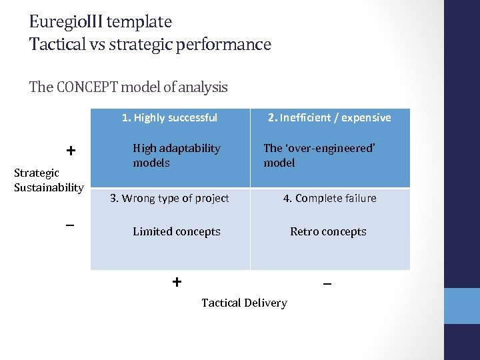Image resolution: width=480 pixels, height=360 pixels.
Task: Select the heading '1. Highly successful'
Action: [169, 118]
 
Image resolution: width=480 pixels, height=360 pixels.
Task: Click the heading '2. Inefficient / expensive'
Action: [329, 118]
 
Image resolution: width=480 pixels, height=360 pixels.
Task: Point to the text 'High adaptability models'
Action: [176, 155]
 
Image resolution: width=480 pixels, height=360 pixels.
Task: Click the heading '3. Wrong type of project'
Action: [169, 198]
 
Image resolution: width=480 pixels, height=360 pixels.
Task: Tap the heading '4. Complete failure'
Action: [329, 198]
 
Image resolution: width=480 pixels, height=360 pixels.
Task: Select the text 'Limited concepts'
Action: [176, 232]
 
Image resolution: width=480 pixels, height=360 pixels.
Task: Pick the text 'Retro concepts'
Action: [328, 232]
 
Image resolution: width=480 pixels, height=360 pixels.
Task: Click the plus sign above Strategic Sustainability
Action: [70, 151]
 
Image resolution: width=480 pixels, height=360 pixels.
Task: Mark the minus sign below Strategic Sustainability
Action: [70, 225]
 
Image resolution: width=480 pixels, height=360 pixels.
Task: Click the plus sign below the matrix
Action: [177, 281]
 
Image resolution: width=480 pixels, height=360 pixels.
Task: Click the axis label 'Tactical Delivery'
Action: [244, 303]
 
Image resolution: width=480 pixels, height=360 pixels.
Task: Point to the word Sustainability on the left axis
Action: [49, 187]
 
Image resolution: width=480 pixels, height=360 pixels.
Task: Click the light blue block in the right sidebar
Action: [462, 306]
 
